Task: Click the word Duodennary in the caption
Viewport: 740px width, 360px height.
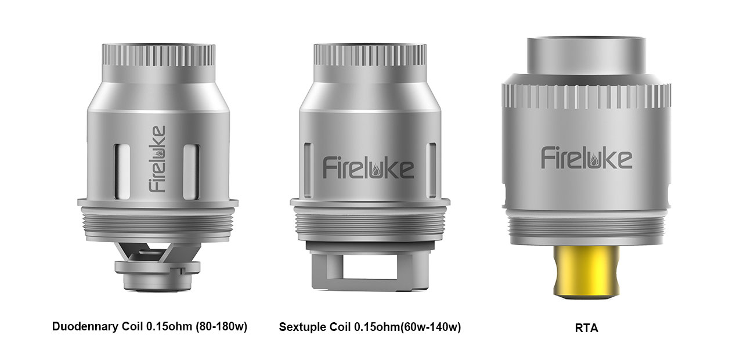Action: pos(85,326)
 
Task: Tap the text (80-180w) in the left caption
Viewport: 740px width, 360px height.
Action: pos(221,326)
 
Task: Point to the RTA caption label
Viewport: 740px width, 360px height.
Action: pos(586,328)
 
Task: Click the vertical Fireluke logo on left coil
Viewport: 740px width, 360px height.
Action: pos(157,159)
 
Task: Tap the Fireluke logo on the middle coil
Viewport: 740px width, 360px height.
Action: pos(369,168)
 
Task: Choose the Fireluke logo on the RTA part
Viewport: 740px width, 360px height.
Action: pos(587,158)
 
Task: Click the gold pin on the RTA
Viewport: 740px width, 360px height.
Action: pos(586,272)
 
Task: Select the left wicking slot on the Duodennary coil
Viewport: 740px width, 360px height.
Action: pos(122,171)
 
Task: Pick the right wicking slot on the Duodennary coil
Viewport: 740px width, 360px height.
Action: pos(192,171)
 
